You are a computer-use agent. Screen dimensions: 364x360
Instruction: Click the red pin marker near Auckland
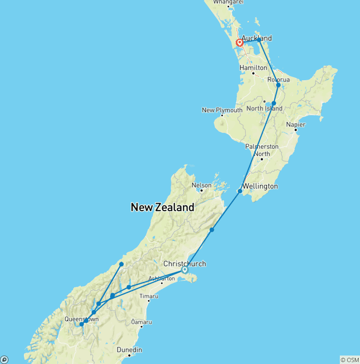click(x=240, y=43)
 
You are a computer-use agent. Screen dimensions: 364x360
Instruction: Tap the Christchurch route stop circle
click(x=185, y=270)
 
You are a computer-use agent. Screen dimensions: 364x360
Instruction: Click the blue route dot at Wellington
click(x=240, y=191)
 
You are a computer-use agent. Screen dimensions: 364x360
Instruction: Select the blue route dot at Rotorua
click(x=278, y=85)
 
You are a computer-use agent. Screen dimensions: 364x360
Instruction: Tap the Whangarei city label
click(x=228, y=2)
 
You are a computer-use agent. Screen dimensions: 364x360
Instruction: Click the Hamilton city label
click(x=253, y=68)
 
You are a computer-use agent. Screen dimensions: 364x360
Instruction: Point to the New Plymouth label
click(x=222, y=110)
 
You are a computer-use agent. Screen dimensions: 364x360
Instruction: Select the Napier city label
click(x=296, y=124)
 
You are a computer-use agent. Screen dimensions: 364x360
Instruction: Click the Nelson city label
click(x=201, y=185)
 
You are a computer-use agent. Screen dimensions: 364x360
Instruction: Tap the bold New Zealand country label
click(x=162, y=207)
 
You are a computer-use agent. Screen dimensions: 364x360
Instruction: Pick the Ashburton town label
click(x=161, y=278)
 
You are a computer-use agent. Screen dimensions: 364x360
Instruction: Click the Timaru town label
click(x=148, y=296)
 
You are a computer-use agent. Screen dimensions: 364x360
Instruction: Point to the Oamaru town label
click(x=142, y=322)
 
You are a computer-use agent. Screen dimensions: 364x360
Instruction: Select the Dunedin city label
click(x=129, y=350)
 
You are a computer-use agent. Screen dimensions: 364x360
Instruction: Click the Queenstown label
click(x=82, y=319)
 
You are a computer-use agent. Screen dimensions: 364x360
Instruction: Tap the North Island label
click(x=264, y=108)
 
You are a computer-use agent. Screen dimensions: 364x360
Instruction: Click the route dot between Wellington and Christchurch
click(x=212, y=230)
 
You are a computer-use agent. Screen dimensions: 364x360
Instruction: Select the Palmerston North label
click(x=262, y=150)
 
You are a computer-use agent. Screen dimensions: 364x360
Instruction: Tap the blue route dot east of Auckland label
click(x=259, y=40)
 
